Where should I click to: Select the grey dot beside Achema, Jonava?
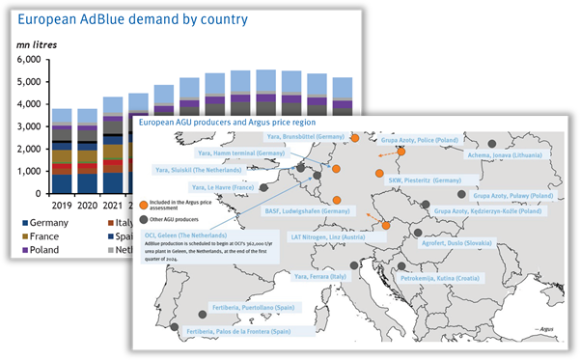(492, 144)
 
